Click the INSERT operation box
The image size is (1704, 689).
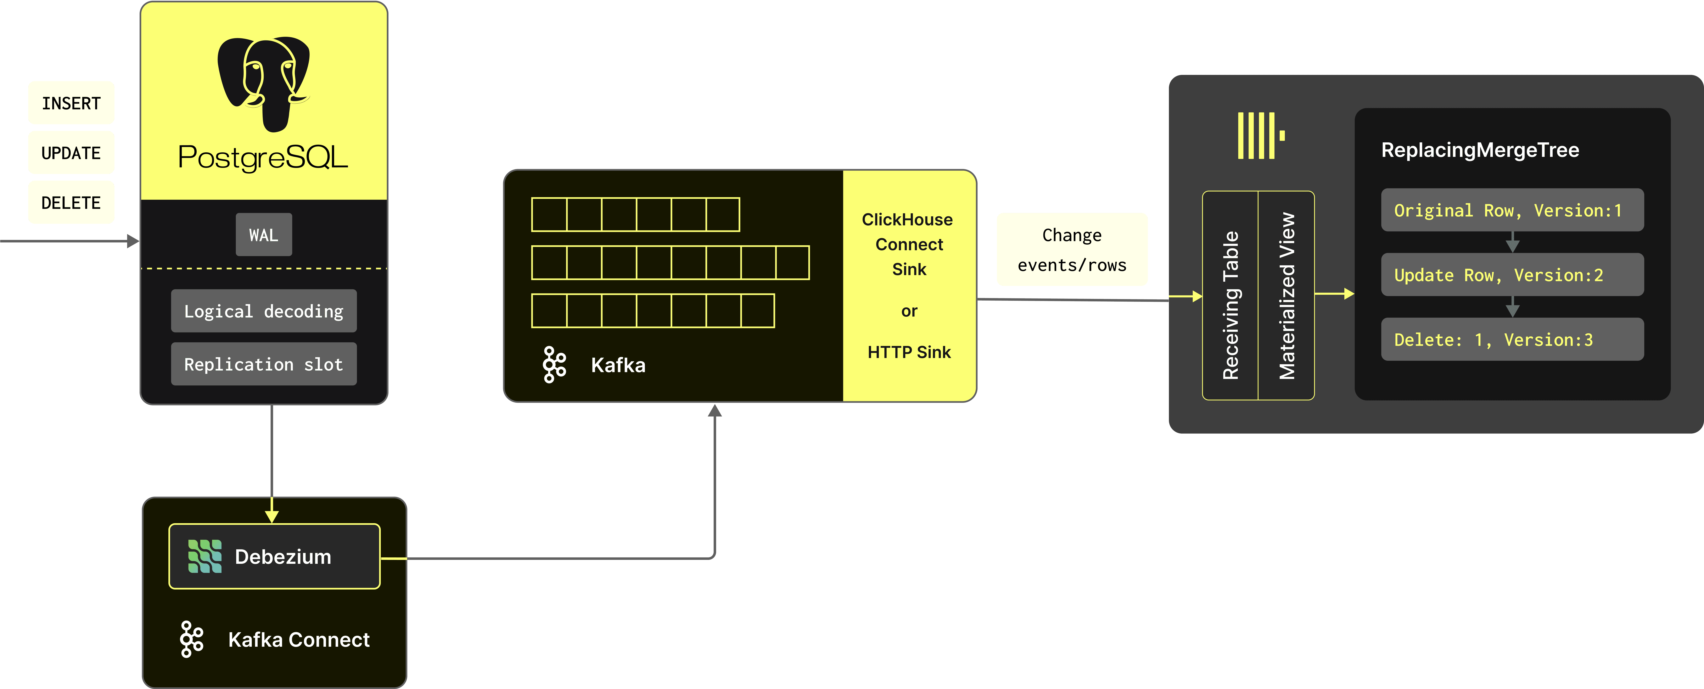71,103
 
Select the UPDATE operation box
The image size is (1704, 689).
71,153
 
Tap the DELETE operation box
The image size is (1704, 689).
71,202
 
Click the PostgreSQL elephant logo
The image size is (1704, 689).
263,83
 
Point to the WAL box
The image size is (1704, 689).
263,235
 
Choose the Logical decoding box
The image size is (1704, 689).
263,311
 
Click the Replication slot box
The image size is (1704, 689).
263,364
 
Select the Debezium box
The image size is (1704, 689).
275,556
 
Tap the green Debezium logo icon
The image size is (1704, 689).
204,556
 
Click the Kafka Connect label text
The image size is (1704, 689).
298,639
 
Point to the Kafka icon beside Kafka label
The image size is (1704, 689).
554,364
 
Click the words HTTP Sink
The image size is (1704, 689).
909,352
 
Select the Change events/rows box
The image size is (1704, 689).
1072,249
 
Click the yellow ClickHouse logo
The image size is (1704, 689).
1260,136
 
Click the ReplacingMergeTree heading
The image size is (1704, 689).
1480,150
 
